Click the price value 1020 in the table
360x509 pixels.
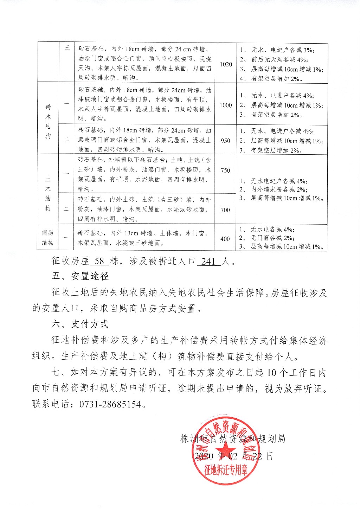point(226,64)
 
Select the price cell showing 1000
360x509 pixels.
point(226,105)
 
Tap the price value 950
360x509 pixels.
point(225,141)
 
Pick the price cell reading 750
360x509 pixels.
point(225,170)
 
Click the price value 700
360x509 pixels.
point(225,210)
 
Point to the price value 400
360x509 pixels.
point(225,239)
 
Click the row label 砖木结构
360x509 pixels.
point(48,121)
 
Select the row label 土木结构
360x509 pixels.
point(48,194)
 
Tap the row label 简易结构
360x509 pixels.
point(48,238)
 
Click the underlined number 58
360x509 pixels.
point(99,261)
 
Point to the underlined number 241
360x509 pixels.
point(208,261)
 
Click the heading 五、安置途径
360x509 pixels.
point(80,276)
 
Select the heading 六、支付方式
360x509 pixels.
point(80,324)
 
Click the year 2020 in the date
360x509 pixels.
point(204,456)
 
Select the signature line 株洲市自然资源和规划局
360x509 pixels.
point(233,439)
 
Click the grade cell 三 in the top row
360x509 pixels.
point(67,48)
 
